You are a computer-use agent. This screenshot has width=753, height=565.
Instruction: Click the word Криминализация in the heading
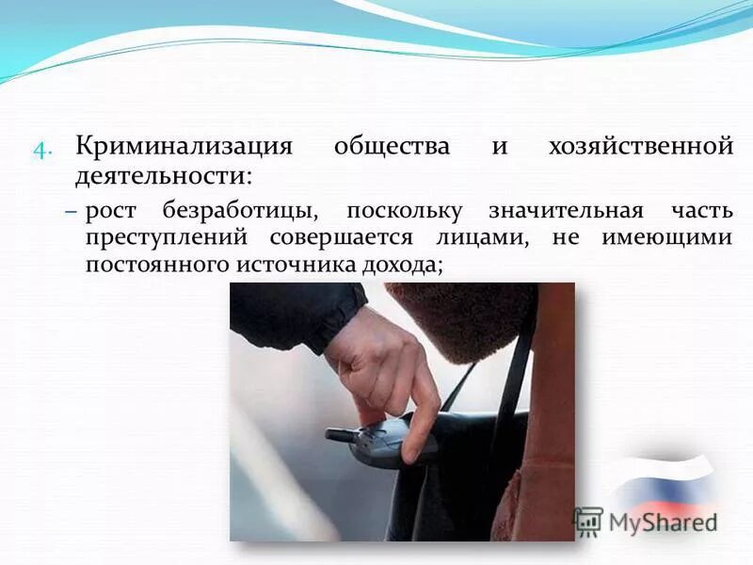point(184,148)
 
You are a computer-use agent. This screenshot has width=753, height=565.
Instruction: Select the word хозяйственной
point(639,148)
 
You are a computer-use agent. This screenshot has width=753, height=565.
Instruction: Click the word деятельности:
point(166,175)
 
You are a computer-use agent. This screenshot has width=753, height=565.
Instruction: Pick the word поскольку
point(406,211)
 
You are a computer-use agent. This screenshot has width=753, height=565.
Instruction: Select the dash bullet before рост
point(72,212)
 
